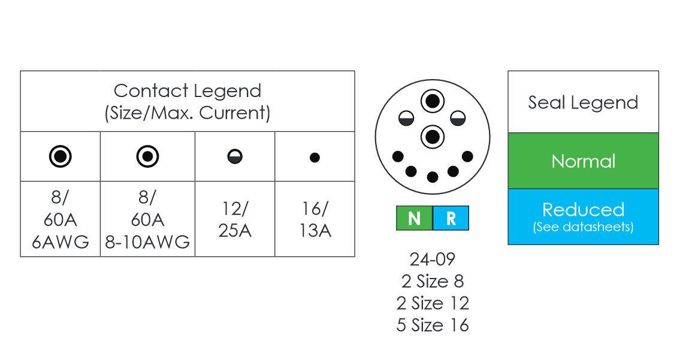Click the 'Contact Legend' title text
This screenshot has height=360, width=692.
tap(187, 91)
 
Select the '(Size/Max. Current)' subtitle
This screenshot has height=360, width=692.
tap(187, 113)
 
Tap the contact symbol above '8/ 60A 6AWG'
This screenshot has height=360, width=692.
tap(60, 157)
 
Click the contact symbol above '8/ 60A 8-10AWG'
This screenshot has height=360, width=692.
tap(147, 157)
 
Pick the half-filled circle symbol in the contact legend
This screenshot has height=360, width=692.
tap(235, 158)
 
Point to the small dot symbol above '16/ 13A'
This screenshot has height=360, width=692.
tap(315, 158)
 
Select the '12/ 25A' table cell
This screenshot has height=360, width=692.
tap(235, 219)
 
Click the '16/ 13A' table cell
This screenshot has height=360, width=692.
tap(315, 219)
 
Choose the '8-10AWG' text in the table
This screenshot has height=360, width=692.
tap(147, 241)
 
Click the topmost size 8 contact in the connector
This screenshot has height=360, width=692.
tap(432, 101)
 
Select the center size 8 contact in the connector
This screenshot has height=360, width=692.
tap(432, 137)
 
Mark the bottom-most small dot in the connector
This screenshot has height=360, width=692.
tap(432, 177)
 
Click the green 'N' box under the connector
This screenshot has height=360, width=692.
tap(414, 219)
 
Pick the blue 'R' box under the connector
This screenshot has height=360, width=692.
tap(451, 219)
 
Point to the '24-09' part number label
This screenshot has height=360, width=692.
tap(432, 259)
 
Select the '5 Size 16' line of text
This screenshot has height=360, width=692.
tap(432, 325)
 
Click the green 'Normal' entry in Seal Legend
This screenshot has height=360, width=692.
tap(583, 161)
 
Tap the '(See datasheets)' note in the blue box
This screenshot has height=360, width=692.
tap(583, 228)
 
